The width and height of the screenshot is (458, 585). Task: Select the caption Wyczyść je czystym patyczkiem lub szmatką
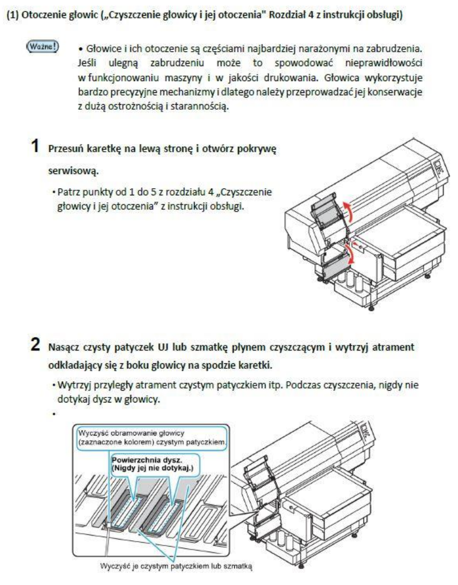(192, 567)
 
